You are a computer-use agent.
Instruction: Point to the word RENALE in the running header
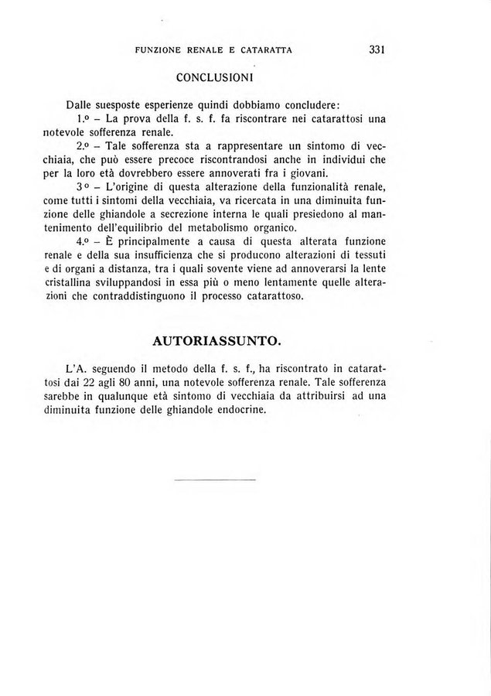tap(208, 50)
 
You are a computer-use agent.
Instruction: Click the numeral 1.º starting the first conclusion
tap(86, 120)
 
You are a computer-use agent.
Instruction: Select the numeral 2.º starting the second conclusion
tap(86, 145)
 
